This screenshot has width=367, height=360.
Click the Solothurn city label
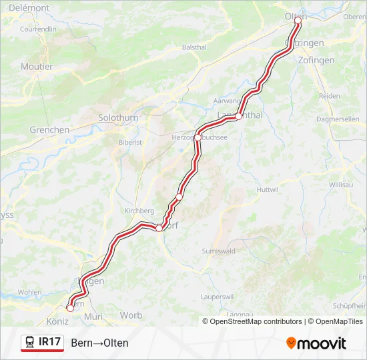(x=118, y=117)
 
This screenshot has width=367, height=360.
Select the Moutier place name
(x=37, y=67)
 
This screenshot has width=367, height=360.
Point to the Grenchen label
(x=49, y=130)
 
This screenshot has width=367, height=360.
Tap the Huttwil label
(x=267, y=189)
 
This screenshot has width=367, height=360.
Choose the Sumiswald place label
(x=218, y=251)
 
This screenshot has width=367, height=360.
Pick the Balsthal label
(x=194, y=47)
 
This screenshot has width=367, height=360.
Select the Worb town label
(x=131, y=315)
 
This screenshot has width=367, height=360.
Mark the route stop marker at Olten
(x=298, y=20)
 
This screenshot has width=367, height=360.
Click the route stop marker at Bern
(x=70, y=307)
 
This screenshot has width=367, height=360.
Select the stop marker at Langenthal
(x=238, y=117)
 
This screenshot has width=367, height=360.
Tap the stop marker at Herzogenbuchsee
(x=198, y=137)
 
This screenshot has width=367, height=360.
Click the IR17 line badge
(x=43, y=343)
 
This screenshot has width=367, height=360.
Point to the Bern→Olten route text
(x=99, y=343)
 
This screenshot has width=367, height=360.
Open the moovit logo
(x=316, y=343)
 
